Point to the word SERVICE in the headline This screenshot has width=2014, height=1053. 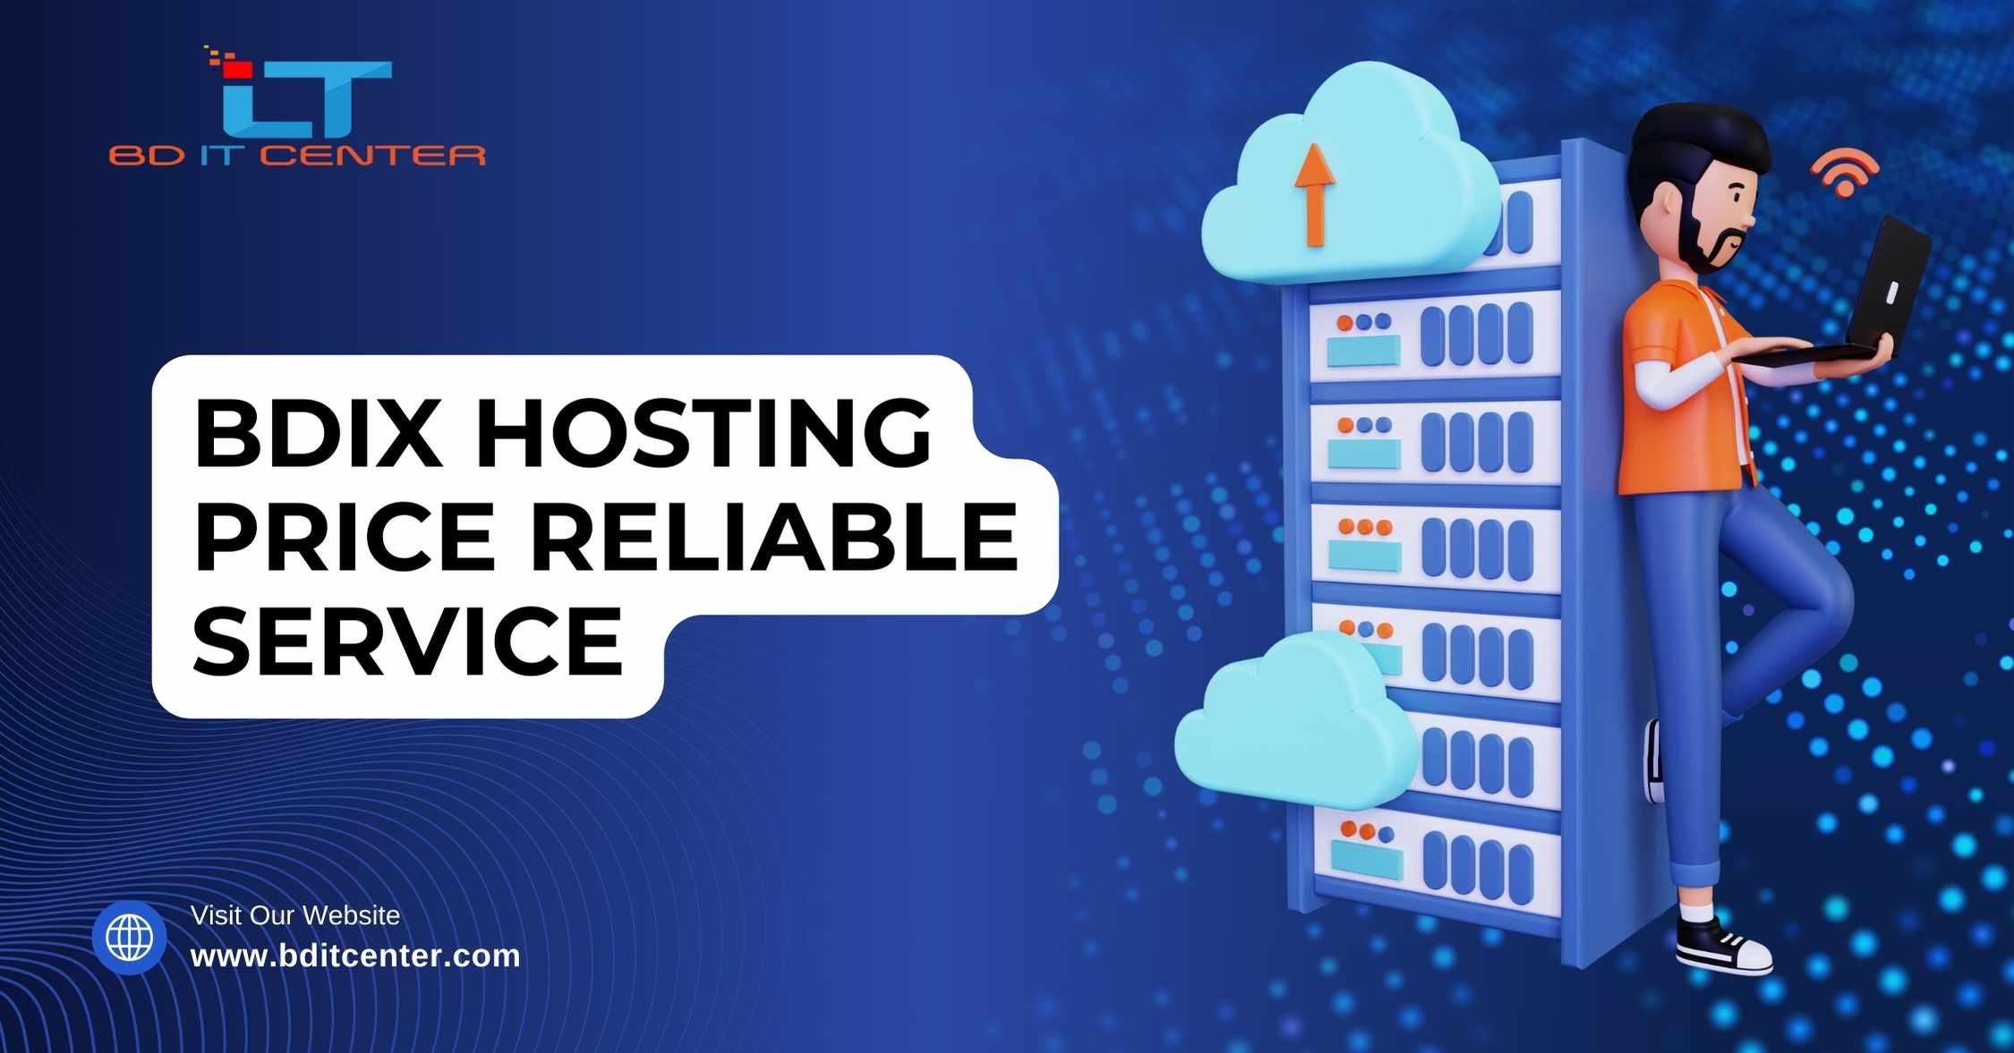coord(407,640)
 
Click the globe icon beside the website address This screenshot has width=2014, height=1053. coord(130,938)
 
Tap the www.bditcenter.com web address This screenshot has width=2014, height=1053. coord(355,955)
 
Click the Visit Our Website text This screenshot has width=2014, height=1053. coord(295,915)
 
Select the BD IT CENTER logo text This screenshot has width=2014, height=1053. coord(297,156)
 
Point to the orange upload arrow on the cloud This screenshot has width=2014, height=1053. coord(1315,195)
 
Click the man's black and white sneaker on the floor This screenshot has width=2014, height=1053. coord(1723,946)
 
